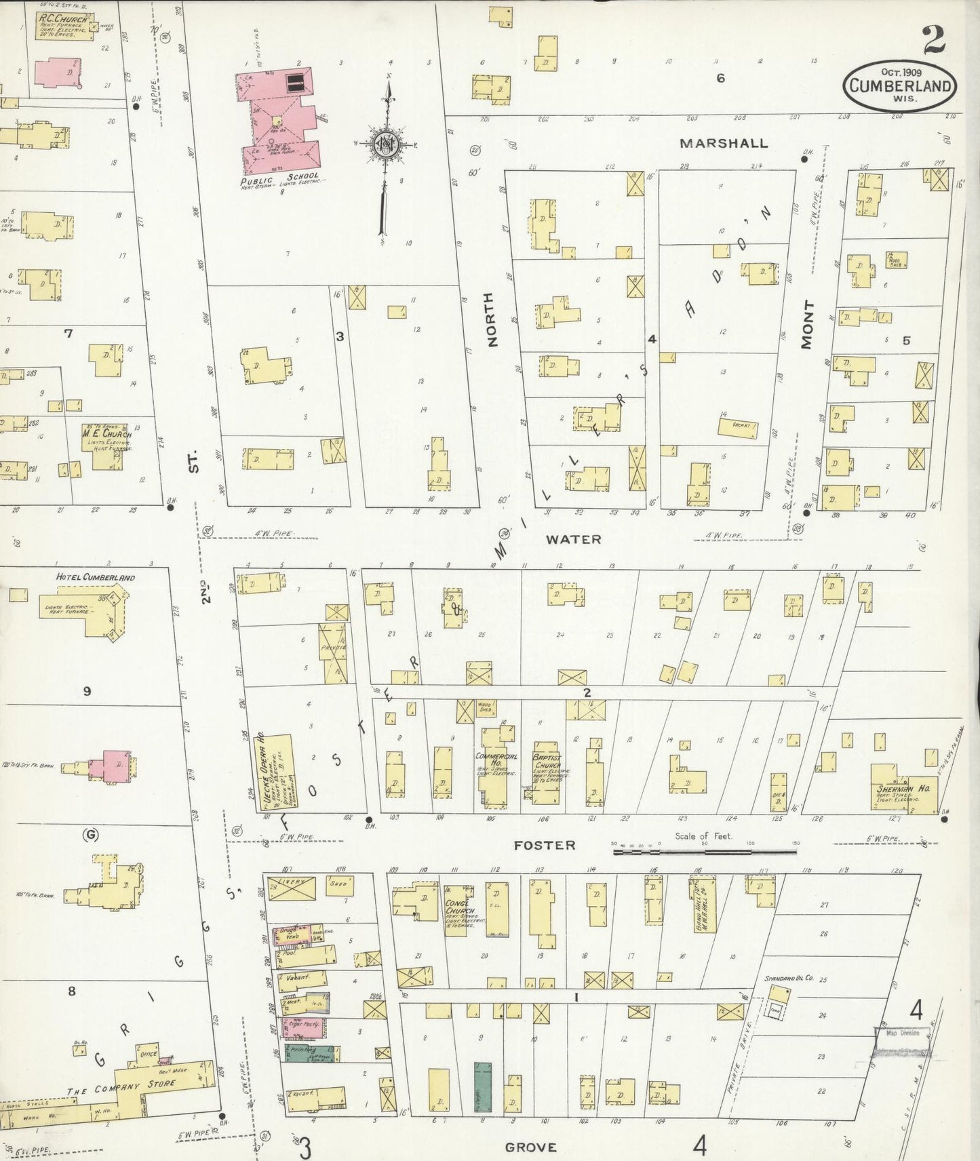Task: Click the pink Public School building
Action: point(278,119)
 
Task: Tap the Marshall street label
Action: point(724,143)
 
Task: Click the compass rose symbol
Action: point(387,144)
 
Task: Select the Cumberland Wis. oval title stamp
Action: point(899,84)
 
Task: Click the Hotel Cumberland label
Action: point(95,578)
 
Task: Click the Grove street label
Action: point(531,1147)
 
